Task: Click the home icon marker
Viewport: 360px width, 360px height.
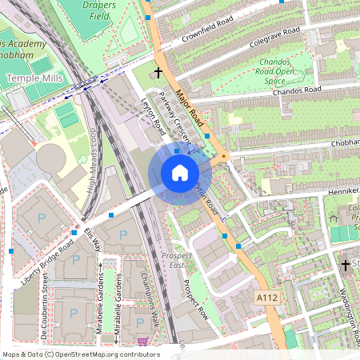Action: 180,173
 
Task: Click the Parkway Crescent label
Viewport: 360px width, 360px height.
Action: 173,121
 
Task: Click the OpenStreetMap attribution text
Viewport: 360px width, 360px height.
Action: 80,354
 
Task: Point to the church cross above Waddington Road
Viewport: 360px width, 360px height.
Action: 346,264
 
